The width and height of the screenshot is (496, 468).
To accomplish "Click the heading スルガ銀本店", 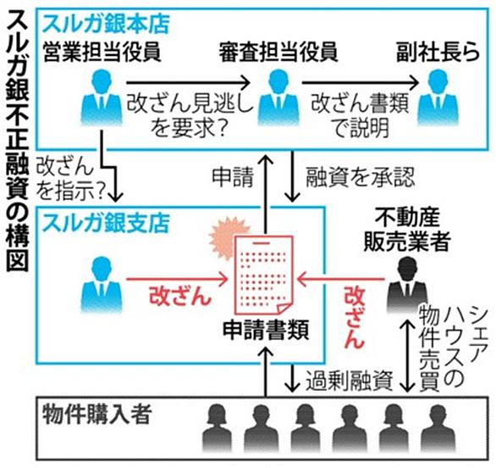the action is coord(107,24).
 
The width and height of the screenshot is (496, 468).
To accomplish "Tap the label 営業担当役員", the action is coord(102,52).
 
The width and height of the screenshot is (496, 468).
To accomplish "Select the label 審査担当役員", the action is coord(278,52).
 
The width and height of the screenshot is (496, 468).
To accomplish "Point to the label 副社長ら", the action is coord(438,52).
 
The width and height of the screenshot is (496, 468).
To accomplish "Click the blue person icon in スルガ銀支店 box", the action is coord(102,285).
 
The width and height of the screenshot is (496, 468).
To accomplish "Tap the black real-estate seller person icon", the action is coord(407,285).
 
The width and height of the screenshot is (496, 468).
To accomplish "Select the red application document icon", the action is coord(263,275).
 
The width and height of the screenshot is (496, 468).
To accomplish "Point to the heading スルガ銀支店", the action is coord(107,223).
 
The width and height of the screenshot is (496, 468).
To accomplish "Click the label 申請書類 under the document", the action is coord(266,331).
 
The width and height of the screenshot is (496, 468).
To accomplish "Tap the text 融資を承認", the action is coord(360,177).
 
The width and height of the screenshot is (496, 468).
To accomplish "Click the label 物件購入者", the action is coord(97,415).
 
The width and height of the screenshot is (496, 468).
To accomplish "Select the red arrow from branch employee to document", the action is coord(177,279).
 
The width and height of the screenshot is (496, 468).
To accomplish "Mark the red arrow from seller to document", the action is coord(341,279).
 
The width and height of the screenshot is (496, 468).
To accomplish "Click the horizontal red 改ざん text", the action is coord(179,297).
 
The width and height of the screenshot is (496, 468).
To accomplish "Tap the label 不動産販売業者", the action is coord(407,230).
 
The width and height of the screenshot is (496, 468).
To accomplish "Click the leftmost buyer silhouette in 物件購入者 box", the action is coord(217,428).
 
